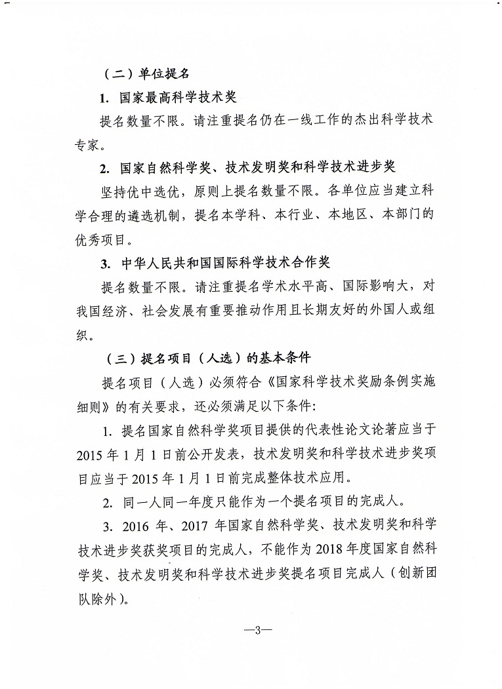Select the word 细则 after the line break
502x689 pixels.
tap(86, 406)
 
